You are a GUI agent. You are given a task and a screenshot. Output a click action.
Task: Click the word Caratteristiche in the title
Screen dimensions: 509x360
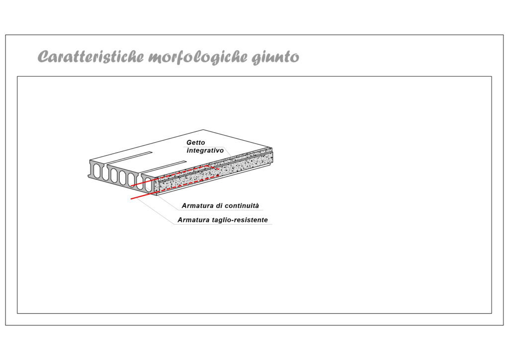tap(90, 57)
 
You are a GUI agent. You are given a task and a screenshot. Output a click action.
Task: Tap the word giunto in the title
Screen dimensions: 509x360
tap(275, 58)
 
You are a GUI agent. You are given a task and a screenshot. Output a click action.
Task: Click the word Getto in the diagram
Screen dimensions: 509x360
tap(196, 143)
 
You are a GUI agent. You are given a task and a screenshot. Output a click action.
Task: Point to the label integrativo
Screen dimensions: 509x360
tap(205, 151)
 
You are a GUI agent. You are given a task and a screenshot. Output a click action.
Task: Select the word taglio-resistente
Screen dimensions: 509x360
tap(240, 220)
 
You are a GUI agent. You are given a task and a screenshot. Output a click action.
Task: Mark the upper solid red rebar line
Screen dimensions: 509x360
tap(143, 183)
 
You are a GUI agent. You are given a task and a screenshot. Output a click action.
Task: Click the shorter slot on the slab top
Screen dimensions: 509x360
tap(130, 157)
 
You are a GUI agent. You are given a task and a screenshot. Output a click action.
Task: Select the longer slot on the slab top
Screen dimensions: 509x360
tap(164, 167)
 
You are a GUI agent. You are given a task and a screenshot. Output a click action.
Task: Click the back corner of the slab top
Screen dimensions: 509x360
tap(203, 130)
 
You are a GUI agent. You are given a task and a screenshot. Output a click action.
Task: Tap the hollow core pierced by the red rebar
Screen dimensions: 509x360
tap(148, 184)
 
